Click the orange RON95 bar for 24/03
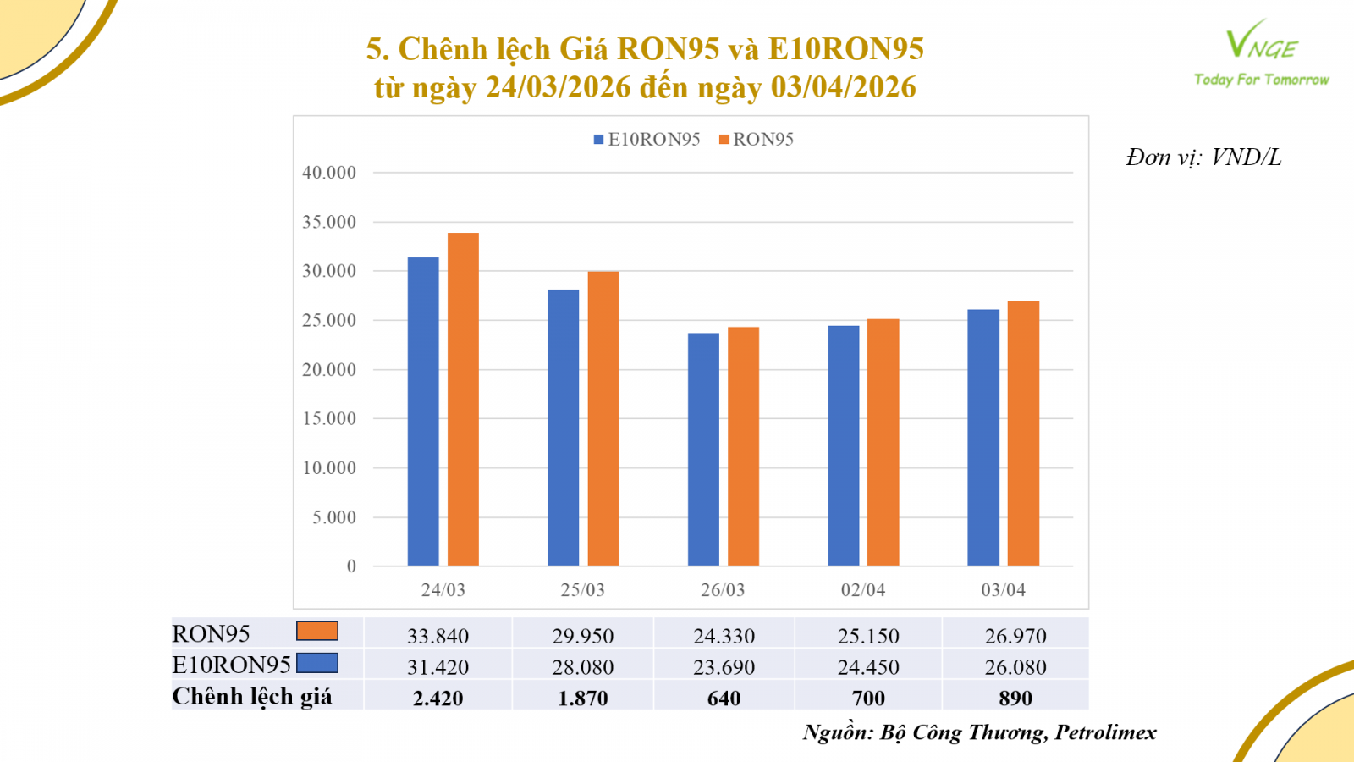point(463,400)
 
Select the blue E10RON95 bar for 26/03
point(703,450)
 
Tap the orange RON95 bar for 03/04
point(1023,433)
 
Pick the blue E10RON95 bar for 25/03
point(564,428)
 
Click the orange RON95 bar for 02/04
point(883,442)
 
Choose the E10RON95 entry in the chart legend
point(647,140)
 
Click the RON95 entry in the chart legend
point(757,140)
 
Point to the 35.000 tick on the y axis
point(329,222)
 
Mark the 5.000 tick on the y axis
point(334,517)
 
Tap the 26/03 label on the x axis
point(723,590)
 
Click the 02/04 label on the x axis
point(863,590)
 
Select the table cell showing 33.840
point(438,636)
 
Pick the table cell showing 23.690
point(724,667)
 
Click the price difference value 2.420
point(438,698)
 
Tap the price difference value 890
point(1015,698)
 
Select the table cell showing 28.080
point(582,667)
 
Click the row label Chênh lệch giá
point(252,697)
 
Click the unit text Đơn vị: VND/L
point(1203,157)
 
